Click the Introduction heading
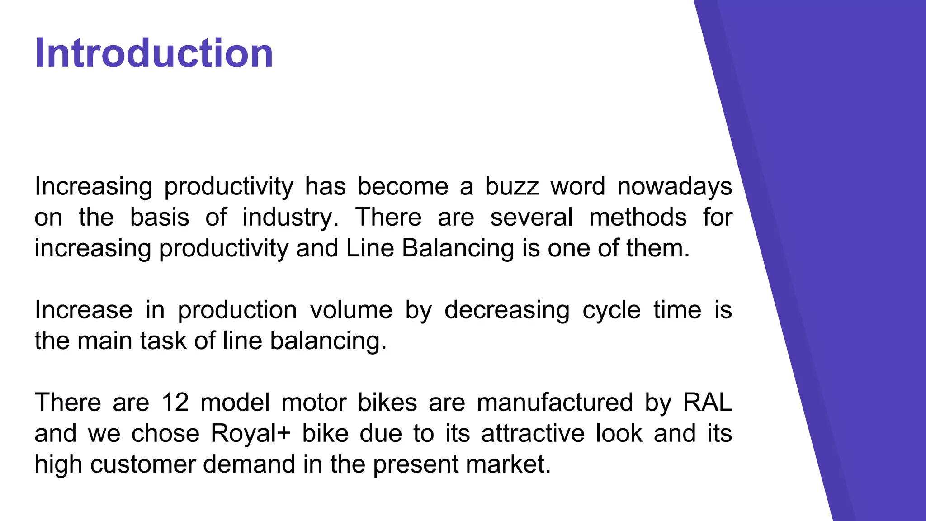click(154, 53)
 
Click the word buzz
click(512, 186)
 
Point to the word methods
click(638, 217)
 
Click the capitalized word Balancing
click(458, 249)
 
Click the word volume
click(351, 310)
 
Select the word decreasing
click(506, 311)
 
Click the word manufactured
click(554, 403)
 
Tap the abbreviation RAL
click(707, 403)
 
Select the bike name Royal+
click(250, 434)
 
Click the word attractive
click(532, 433)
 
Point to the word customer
click(142, 464)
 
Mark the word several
click(531, 217)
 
